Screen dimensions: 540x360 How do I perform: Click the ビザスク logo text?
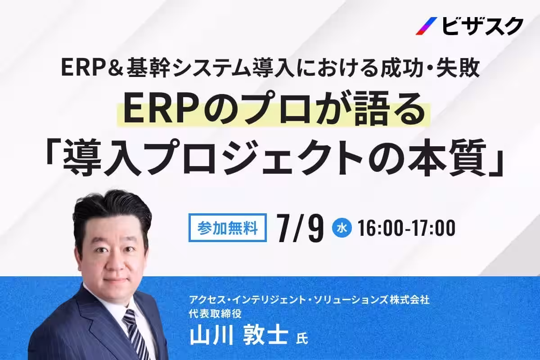click(x=482, y=26)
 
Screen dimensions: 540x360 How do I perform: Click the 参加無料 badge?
click(x=228, y=228)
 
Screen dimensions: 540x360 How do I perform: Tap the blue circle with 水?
click(x=342, y=228)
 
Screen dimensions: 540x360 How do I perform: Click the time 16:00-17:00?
click(x=407, y=228)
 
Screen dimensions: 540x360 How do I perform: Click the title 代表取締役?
click(x=215, y=314)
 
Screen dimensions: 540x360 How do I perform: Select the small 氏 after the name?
click(x=302, y=338)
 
